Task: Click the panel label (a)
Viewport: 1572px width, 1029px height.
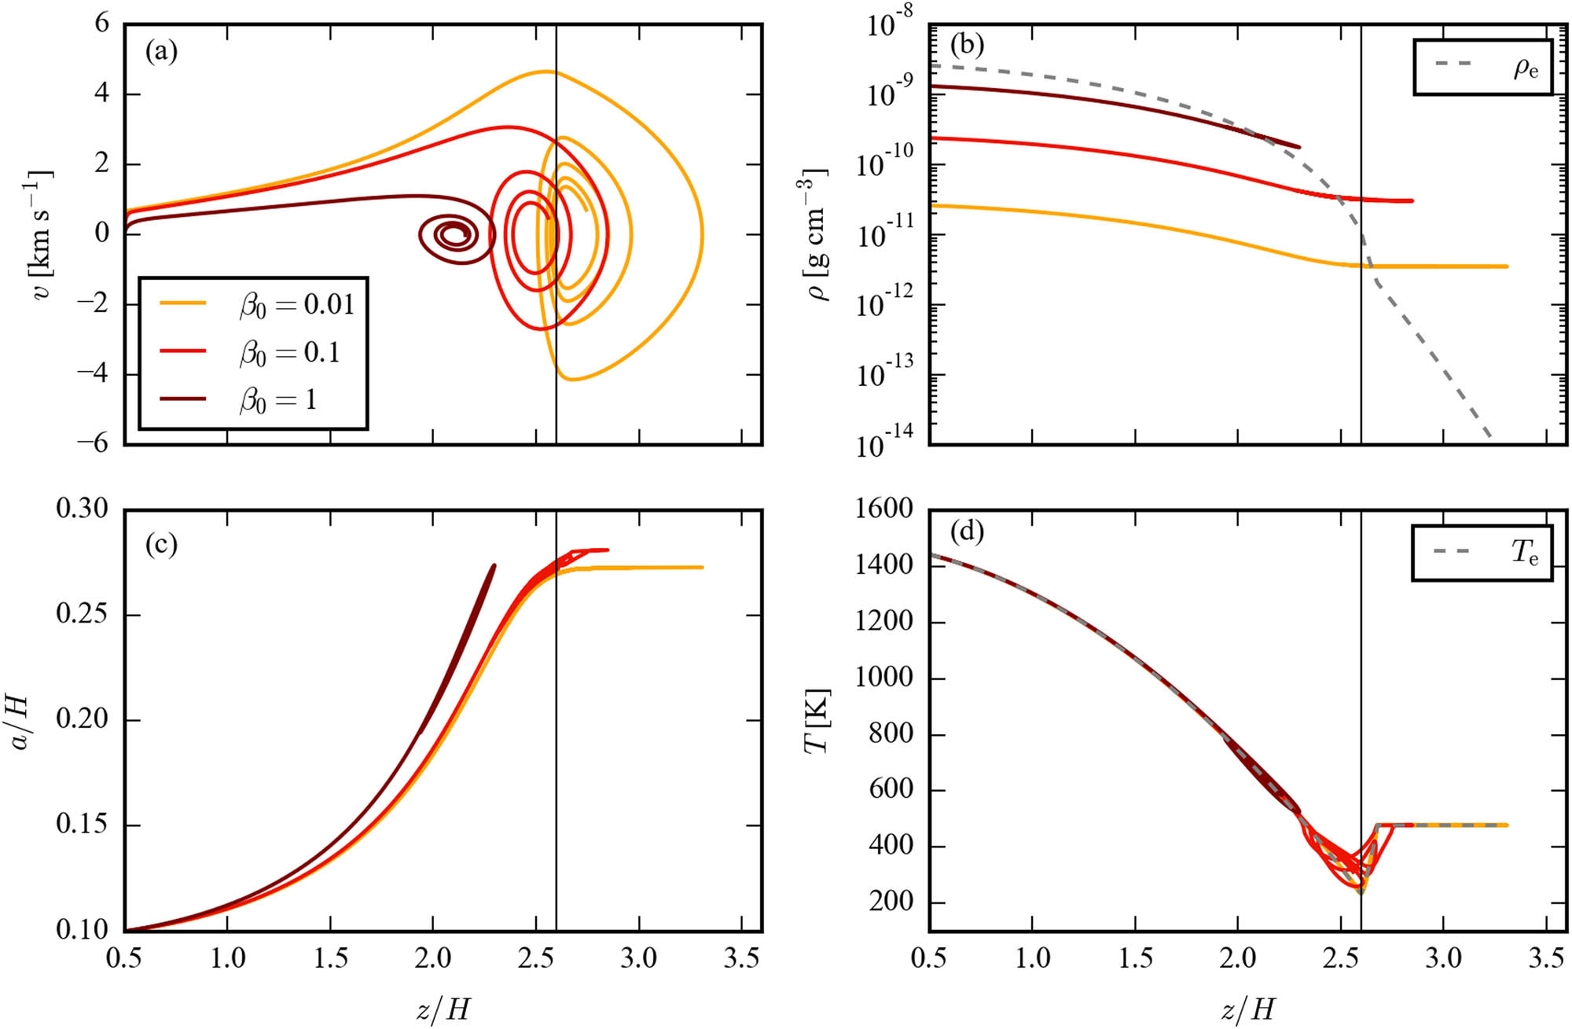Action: point(161,53)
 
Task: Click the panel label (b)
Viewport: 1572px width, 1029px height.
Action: point(967,45)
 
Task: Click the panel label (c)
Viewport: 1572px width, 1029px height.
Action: point(161,544)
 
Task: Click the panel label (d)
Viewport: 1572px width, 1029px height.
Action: point(967,532)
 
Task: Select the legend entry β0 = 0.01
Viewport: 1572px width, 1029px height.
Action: point(296,304)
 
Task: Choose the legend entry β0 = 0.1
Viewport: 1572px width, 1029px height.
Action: point(289,352)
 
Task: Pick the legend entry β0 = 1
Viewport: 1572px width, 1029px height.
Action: point(277,400)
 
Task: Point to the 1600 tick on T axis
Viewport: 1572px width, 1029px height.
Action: point(887,509)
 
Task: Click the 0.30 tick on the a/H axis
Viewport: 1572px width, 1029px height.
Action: point(82,509)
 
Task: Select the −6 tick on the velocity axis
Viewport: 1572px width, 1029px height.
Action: point(92,444)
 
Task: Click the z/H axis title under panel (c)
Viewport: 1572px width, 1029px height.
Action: point(443,1009)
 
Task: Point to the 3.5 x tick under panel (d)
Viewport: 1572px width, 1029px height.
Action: point(1545,958)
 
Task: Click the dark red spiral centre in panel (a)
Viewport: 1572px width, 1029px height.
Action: point(454,234)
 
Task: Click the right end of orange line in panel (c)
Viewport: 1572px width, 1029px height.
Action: point(702,567)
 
